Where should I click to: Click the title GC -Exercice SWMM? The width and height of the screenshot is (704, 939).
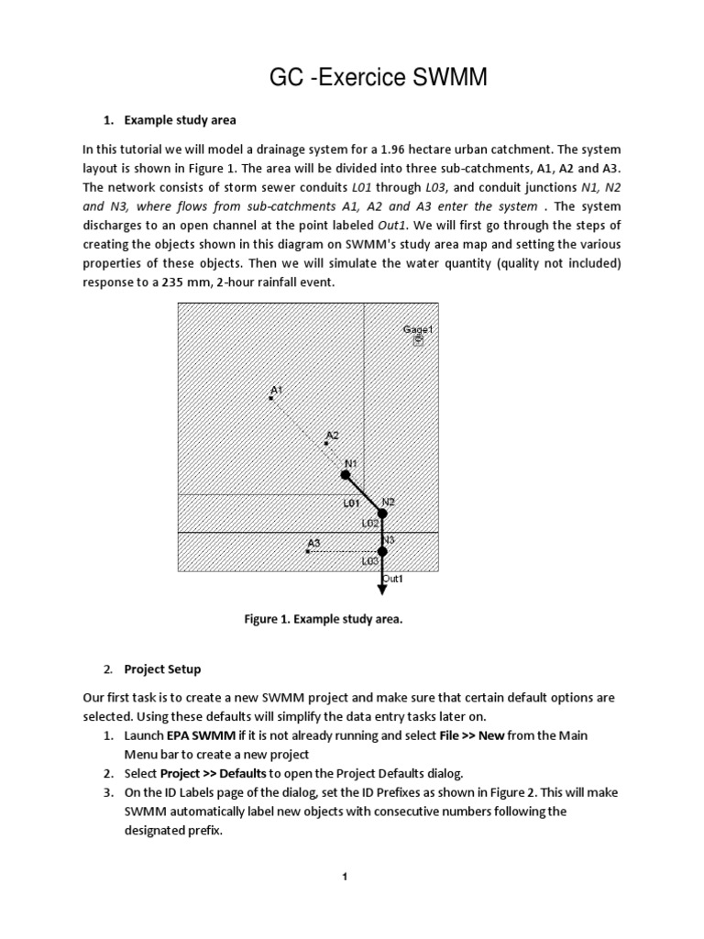378,80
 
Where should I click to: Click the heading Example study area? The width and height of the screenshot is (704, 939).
180,120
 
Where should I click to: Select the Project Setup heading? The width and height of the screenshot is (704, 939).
162,668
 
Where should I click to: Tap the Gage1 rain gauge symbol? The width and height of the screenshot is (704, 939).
419,340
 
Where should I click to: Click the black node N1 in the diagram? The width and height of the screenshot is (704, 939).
346,475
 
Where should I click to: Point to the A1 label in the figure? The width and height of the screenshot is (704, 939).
276,390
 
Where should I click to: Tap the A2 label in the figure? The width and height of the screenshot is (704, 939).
332,435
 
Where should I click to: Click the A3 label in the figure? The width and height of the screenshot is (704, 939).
313,542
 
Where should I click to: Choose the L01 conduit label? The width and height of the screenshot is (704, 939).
351,503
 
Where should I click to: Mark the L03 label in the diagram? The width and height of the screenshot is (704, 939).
370,559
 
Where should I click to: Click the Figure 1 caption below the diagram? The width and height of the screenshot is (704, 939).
324,619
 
